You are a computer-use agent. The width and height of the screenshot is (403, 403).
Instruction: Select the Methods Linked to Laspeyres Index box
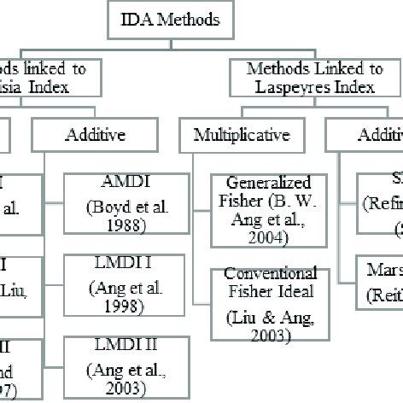pos(314,77)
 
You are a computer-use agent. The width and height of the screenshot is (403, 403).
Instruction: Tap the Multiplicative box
pos(242,134)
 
